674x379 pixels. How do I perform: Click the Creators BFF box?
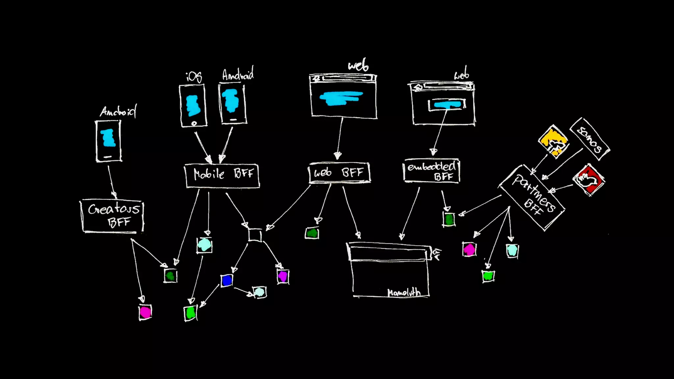coord(112,216)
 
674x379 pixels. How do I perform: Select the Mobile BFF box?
coord(222,176)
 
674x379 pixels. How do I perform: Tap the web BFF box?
coord(339,173)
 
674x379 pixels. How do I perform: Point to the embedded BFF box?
coord(431,171)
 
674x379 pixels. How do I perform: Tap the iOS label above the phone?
coord(194,77)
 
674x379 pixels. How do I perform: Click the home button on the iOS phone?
coord(194,123)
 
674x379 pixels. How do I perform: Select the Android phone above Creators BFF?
coord(109,141)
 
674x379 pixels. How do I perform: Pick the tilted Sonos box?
coord(590,139)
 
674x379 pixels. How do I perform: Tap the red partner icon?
coord(589,180)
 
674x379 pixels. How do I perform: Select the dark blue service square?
coord(227,281)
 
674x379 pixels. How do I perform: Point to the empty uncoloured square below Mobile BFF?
coord(255,235)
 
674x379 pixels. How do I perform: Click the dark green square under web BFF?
coord(312,233)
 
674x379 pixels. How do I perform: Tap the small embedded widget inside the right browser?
coord(447,105)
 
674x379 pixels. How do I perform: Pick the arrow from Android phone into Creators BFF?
coord(111,181)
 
